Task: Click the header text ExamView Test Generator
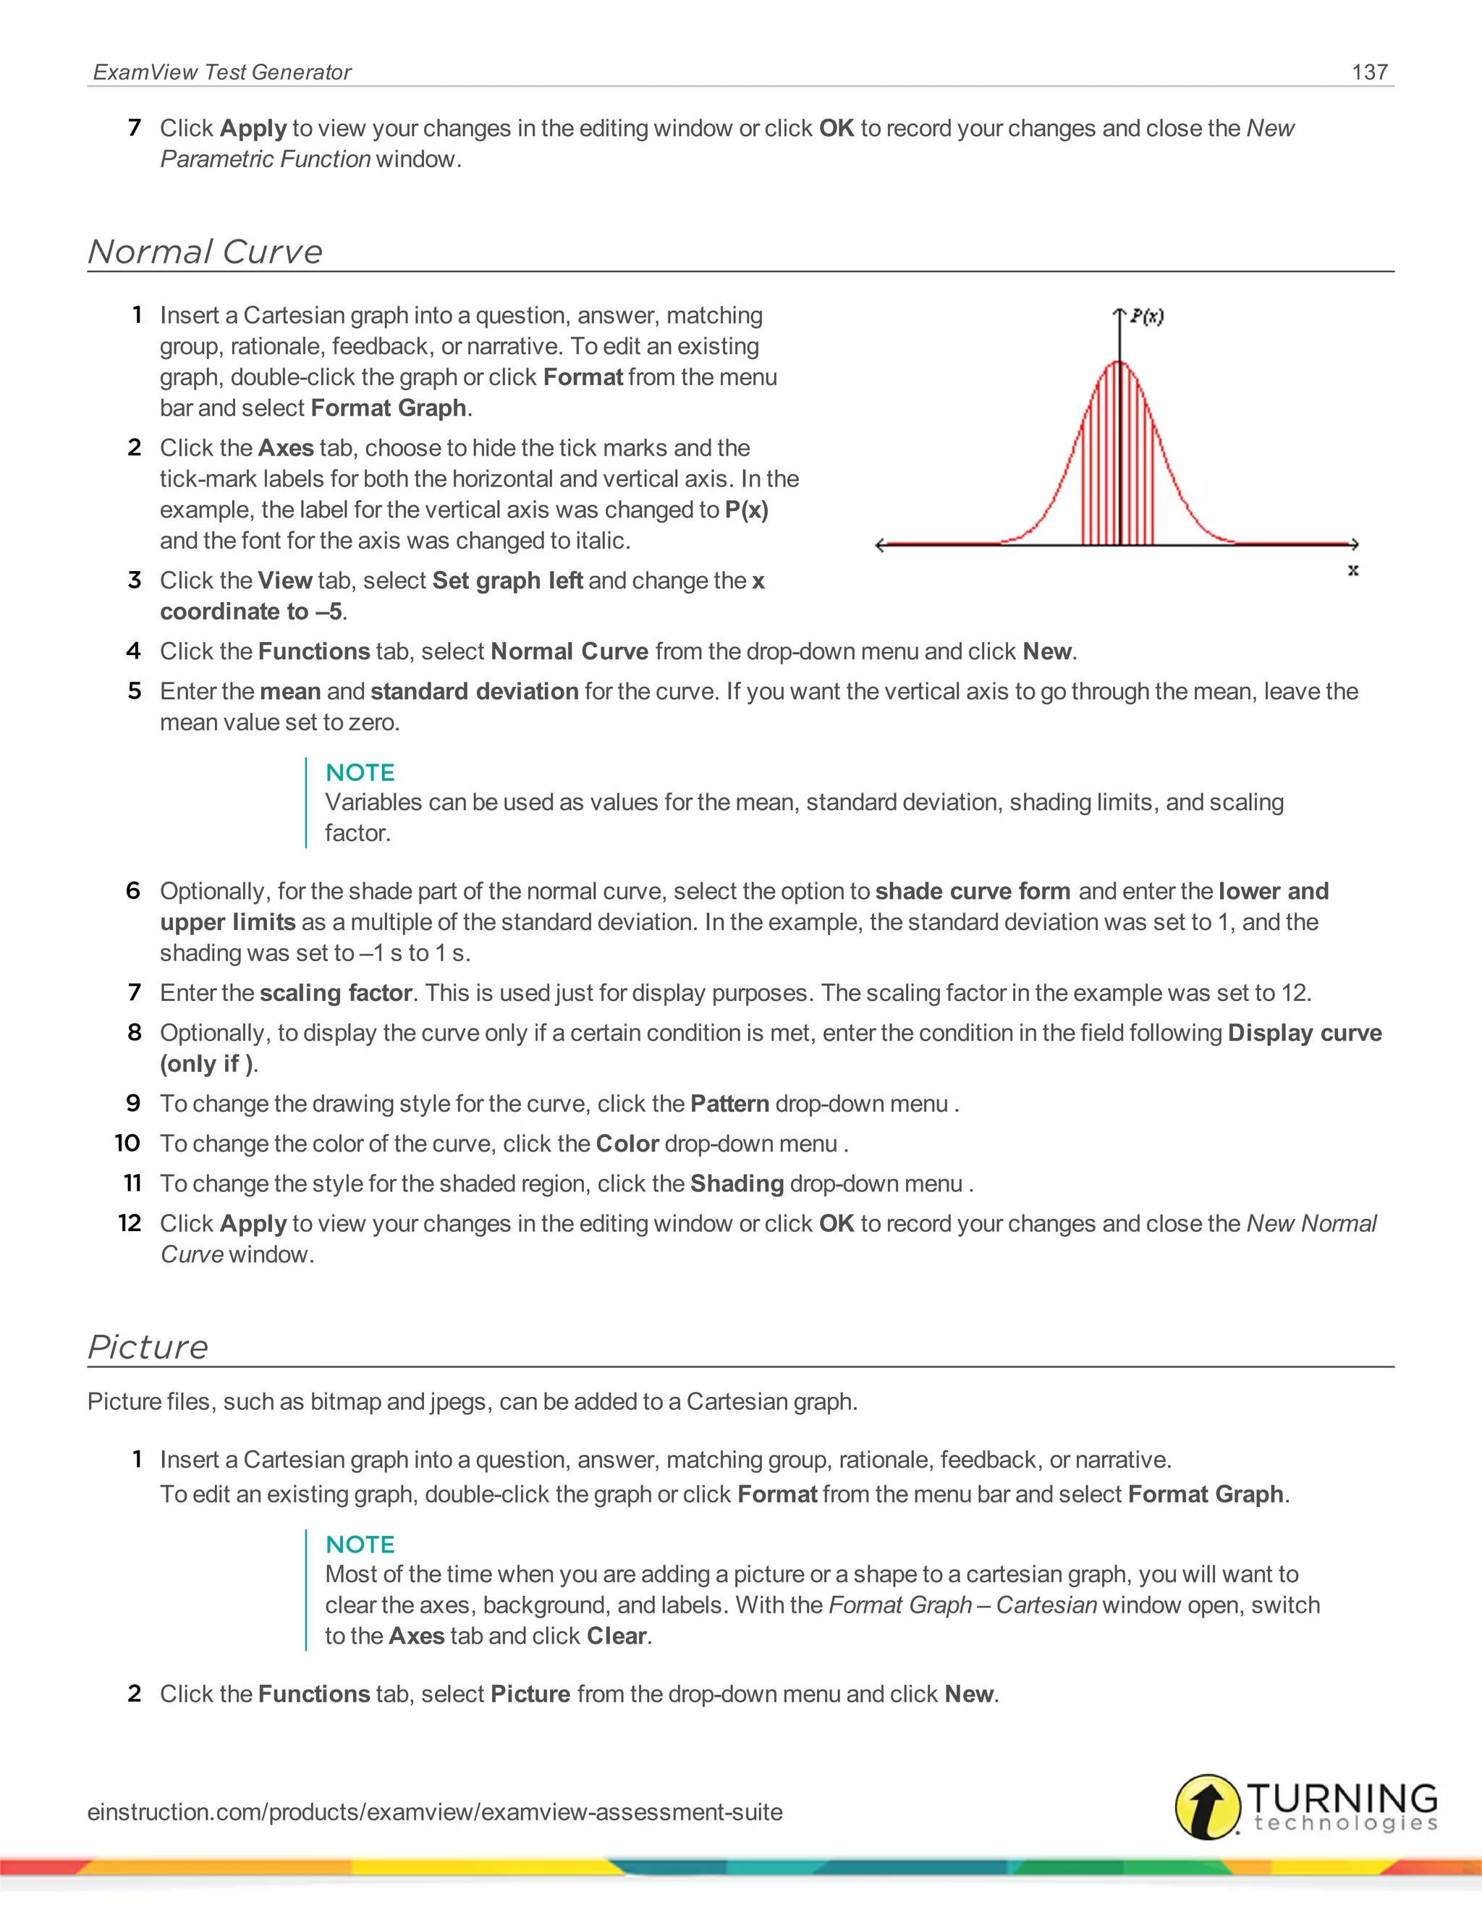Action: pos(222,72)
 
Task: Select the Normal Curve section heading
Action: pos(206,252)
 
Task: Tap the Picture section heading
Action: pos(148,1347)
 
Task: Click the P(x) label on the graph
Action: pos(1147,316)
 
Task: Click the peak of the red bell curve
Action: pos(1119,362)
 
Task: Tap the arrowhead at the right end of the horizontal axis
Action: pos(1354,544)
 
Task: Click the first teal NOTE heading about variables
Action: pos(360,772)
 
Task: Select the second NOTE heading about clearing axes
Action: pos(360,1544)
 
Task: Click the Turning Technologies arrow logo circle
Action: pos(1208,1807)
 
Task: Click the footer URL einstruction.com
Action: pos(435,1812)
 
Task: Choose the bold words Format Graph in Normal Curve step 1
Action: pos(388,408)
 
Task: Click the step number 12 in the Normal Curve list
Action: pos(130,1223)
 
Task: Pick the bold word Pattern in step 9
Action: pos(729,1104)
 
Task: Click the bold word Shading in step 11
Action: pos(737,1184)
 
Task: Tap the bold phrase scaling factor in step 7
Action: pos(335,993)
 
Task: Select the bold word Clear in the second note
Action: pos(617,1636)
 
